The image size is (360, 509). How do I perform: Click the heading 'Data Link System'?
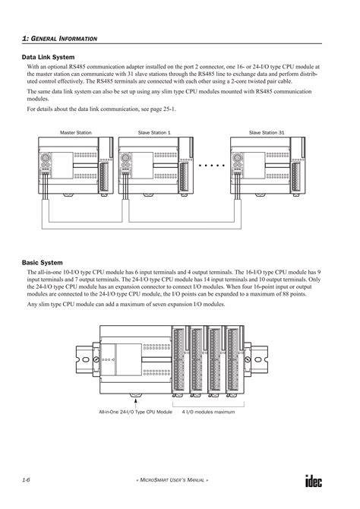click(47, 57)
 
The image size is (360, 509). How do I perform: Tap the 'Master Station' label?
click(76, 132)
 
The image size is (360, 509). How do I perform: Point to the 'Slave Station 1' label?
click(154, 132)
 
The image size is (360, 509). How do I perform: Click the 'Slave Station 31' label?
click(267, 132)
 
